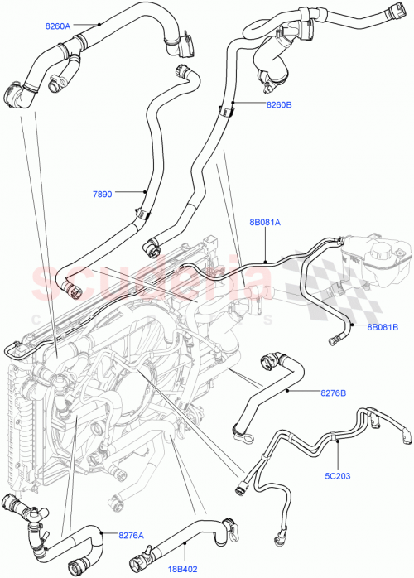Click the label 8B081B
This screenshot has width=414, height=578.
383,326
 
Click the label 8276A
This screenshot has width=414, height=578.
131,536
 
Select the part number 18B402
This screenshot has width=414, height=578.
185,568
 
